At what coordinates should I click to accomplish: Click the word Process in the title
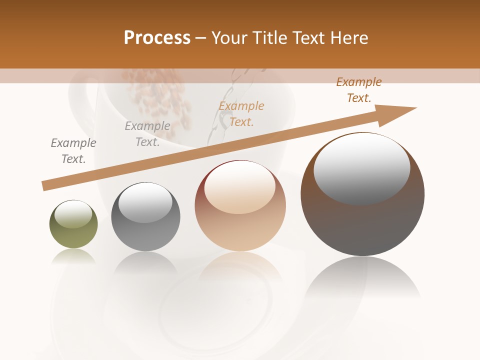point(157,38)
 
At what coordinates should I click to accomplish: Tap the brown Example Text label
point(359,90)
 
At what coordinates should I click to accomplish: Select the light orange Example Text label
point(241,114)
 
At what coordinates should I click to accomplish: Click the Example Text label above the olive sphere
point(73,151)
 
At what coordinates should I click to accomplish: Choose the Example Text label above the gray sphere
point(147,134)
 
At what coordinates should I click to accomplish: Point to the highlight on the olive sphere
point(73,214)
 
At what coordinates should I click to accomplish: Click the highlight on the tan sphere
point(240,187)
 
